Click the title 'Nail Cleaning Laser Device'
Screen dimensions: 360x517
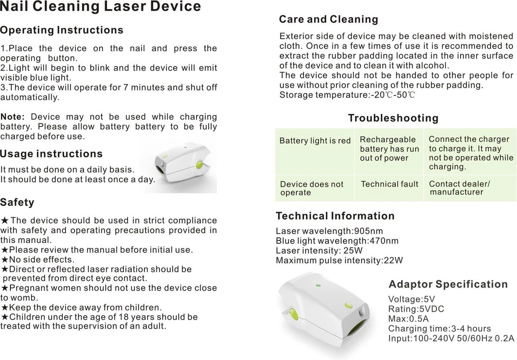pyautogui.click(x=100, y=7)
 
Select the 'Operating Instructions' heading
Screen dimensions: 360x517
pyautogui.click(x=62, y=30)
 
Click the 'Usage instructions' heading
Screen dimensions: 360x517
pyautogui.click(x=51, y=154)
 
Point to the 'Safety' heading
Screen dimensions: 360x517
pyautogui.click(x=17, y=202)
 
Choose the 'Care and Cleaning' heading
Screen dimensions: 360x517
pyautogui.click(x=328, y=19)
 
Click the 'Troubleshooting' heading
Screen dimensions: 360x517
pyautogui.click(x=393, y=118)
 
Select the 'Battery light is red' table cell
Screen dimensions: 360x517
pyautogui.click(x=315, y=141)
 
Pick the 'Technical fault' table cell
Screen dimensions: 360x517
pyautogui.click(x=389, y=184)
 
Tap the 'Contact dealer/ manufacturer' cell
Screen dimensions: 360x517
pyautogui.click(x=459, y=188)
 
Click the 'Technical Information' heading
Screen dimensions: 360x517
pyautogui.click(x=335, y=216)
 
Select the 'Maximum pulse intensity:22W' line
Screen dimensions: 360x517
pyautogui.click(x=339, y=260)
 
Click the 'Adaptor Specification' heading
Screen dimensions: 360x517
pyautogui.click(x=448, y=285)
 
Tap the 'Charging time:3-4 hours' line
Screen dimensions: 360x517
pyautogui.click(x=439, y=329)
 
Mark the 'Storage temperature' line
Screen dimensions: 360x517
pyautogui.click(x=347, y=95)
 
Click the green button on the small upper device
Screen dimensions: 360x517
pyautogui.click(x=199, y=165)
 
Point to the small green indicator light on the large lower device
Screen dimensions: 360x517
pyautogui.click(x=318, y=285)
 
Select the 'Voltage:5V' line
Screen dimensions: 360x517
pyautogui.click(x=411, y=299)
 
